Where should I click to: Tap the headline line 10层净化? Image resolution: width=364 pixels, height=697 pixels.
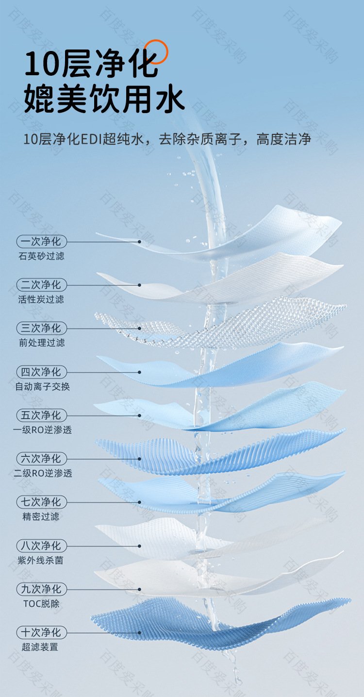pyautogui.click(x=91, y=64)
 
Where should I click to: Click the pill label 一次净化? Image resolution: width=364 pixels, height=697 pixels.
pyautogui.click(x=41, y=241)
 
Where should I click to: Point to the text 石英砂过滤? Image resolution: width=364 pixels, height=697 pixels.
pyautogui.click(x=41, y=256)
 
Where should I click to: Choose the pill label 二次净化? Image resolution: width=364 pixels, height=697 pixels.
pyautogui.click(x=41, y=285)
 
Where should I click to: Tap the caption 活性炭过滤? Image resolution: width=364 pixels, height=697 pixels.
pyautogui.click(x=41, y=299)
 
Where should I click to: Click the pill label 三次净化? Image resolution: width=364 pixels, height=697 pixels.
pyautogui.click(x=41, y=328)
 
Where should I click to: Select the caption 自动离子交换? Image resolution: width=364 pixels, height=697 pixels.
pyautogui.click(x=43, y=386)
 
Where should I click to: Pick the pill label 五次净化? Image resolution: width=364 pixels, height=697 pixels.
pyautogui.click(x=41, y=415)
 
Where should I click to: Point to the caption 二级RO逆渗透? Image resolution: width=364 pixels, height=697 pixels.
pyautogui.click(x=43, y=473)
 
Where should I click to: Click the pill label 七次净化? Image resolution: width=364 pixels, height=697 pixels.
pyautogui.click(x=41, y=502)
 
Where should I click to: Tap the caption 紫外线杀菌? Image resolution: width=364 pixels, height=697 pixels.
pyautogui.click(x=41, y=561)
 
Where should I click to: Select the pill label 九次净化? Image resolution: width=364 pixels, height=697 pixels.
pyautogui.click(x=41, y=589)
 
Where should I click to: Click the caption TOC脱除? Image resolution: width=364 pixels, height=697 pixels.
pyautogui.click(x=41, y=604)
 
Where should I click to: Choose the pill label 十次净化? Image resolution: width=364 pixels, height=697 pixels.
pyautogui.click(x=41, y=632)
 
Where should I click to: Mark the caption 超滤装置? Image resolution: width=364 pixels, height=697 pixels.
pyautogui.click(x=40, y=647)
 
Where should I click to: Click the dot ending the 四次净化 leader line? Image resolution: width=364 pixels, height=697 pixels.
pyautogui.click(x=140, y=372)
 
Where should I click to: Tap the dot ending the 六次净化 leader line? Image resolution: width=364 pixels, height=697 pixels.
pyautogui.click(x=140, y=459)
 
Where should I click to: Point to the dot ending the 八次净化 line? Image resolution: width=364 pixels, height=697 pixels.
pyautogui.click(x=140, y=546)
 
